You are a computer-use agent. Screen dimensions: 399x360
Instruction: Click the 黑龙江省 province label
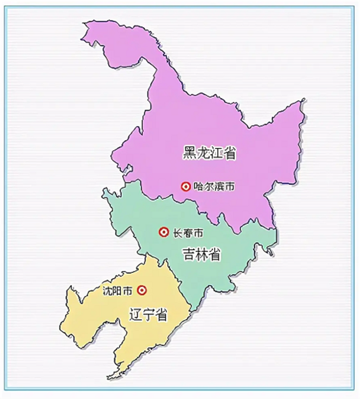pos(210,153)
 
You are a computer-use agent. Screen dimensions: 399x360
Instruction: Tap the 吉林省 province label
pos(202,254)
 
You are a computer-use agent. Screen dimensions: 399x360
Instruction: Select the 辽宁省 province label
pos(148,315)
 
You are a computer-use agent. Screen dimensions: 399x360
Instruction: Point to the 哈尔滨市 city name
pos(214,186)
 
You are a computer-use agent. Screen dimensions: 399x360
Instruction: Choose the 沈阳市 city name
pos(118,291)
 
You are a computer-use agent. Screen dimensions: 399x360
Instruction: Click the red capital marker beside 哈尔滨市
pos(185,186)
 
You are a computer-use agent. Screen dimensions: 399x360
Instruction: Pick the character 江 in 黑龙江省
pos(216,153)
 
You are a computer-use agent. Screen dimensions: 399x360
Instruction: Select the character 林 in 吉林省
pos(202,254)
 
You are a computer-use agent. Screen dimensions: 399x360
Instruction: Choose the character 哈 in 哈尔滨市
pos(198,186)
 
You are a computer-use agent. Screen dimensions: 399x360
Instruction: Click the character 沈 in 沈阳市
pos(107,291)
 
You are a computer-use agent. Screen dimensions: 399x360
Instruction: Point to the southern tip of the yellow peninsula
pos(109,377)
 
